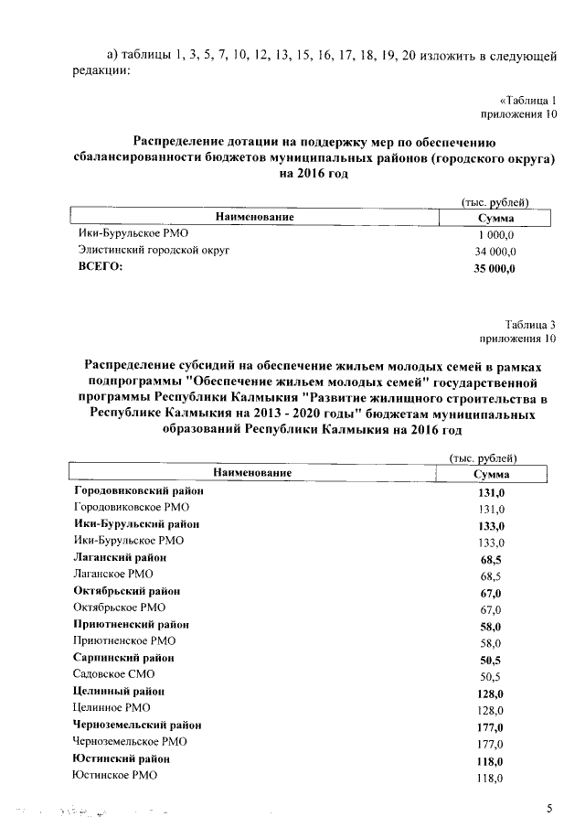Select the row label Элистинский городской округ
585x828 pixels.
point(153,250)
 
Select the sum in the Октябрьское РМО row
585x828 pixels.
point(491,609)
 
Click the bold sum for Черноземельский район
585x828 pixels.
point(491,727)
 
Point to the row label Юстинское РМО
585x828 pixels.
point(114,776)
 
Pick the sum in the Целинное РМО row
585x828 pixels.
point(491,710)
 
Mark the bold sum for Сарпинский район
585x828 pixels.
point(491,660)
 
